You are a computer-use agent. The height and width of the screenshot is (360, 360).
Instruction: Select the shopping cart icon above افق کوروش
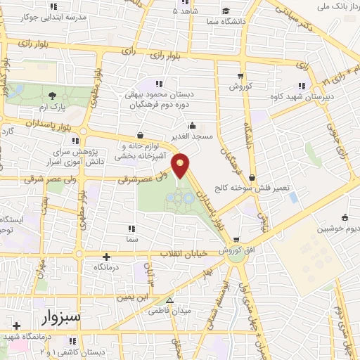pyautogui.click(x=237, y=239)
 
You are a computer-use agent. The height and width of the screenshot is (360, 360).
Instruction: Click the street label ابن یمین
pyautogui.click(x=132, y=297)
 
